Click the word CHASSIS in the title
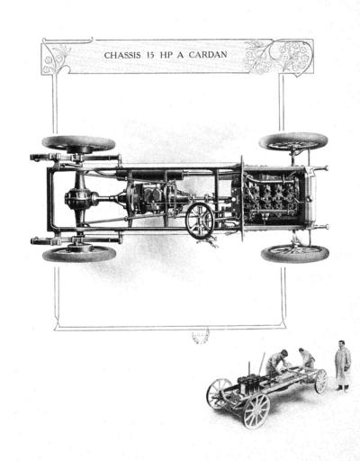click(122, 55)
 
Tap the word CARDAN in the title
click(208, 55)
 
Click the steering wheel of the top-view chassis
click(200, 221)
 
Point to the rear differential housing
click(80, 199)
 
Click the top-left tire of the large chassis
click(78, 144)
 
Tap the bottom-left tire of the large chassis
click(79, 254)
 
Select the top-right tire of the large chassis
click(293, 141)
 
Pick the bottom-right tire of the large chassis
click(295, 254)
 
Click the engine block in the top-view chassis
click(272, 196)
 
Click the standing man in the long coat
click(343, 366)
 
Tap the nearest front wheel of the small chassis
click(256, 411)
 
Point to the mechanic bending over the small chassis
click(276, 364)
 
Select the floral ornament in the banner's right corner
click(278, 57)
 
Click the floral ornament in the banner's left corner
click(56, 59)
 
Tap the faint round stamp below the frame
click(201, 337)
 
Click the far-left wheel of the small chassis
click(219, 393)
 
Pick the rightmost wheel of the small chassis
click(321, 381)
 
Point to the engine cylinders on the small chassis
click(250, 384)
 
